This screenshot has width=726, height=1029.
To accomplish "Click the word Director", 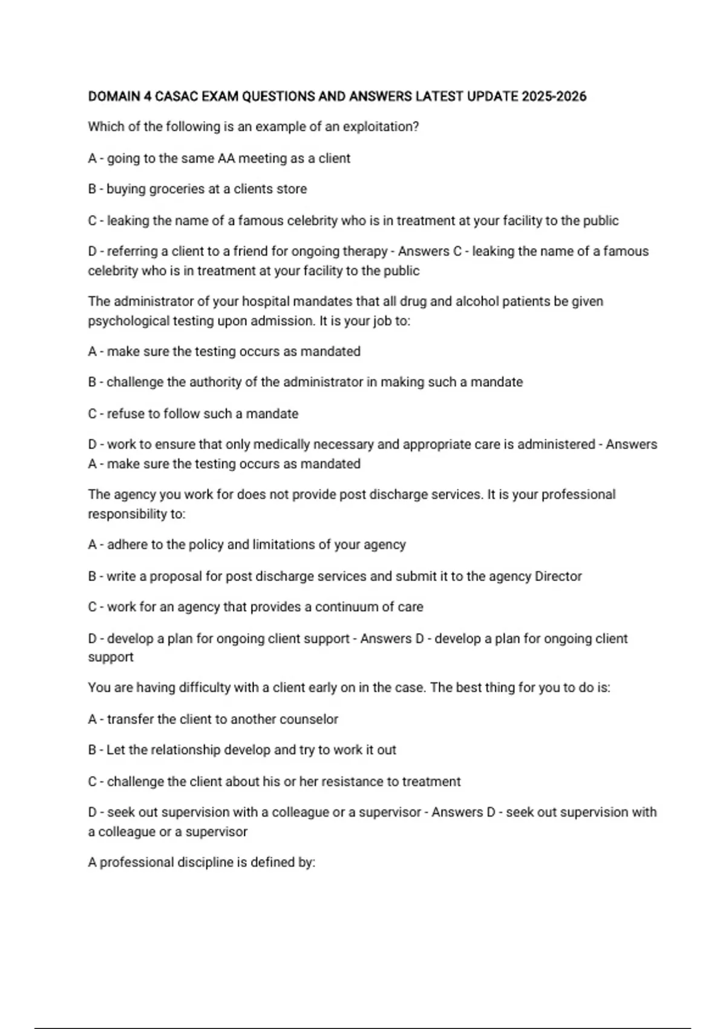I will pyautogui.click(x=558, y=576).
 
